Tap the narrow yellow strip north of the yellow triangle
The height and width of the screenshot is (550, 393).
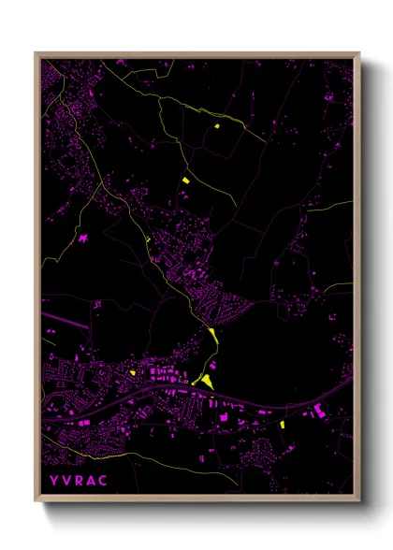[213, 333]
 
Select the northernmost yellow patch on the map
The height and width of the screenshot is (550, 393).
[216, 126]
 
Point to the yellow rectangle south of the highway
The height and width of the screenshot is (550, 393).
[282, 425]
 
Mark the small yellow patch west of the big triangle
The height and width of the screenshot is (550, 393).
[133, 372]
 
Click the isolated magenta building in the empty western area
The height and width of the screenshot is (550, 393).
[84, 239]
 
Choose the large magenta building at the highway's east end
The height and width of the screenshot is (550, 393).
[318, 412]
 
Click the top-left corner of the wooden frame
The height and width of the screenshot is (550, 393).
[36, 53]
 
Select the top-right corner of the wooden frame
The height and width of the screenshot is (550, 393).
[359, 53]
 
